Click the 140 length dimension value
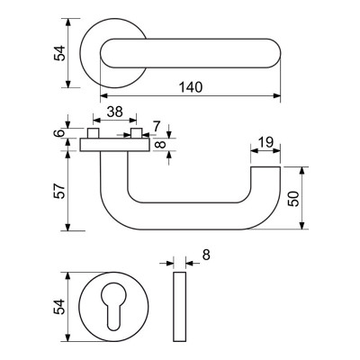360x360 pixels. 191,87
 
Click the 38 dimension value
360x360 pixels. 115,112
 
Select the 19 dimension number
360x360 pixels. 265,142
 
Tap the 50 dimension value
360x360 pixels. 293,198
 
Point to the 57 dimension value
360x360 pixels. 59,191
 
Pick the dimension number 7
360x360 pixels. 157,126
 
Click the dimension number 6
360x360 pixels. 60,132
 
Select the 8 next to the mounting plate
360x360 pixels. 162,145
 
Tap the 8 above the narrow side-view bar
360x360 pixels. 206,256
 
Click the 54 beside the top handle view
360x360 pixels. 59,53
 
